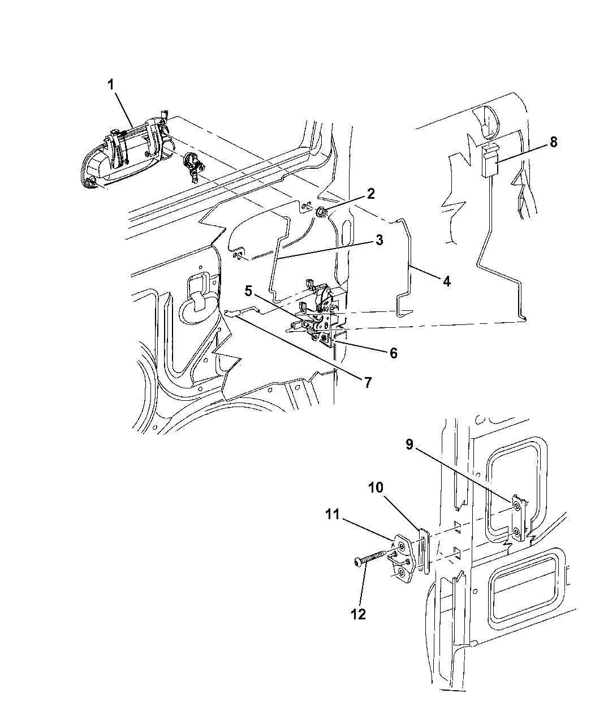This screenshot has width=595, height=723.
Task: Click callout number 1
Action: coord(111,85)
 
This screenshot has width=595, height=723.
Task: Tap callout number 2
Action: coord(371,194)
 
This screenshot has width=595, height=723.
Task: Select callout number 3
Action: coord(380,240)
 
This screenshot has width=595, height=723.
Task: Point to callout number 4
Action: coord(447,281)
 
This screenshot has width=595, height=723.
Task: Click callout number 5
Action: coord(248,291)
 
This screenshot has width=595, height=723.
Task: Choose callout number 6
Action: coord(393,353)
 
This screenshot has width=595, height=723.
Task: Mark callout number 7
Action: coord(368,383)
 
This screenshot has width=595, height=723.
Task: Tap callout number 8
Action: coord(554,142)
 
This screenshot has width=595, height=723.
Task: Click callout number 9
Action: coord(409,444)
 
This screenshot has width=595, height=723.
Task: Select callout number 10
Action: coord(376,487)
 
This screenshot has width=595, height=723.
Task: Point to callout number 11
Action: coord(333,514)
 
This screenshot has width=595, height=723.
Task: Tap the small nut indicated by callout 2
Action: coord(320,211)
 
